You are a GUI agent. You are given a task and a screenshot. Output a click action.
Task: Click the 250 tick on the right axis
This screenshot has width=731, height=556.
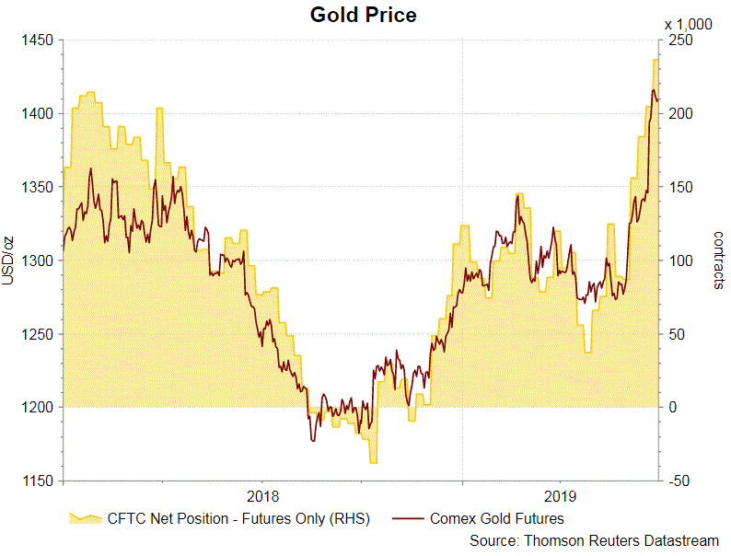(x=679, y=41)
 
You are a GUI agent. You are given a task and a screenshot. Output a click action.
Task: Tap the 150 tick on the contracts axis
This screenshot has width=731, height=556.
(x=679, y=187)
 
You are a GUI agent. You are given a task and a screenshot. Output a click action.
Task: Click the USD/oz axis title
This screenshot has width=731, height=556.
(x=8, y=261)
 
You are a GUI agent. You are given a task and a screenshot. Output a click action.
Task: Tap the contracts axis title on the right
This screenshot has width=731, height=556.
(x=718, y=261)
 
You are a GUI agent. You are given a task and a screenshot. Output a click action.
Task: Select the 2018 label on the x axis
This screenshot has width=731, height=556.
(x=261, y=496)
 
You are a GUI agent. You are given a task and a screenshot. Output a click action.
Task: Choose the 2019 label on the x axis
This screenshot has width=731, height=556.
(x=560, y=496)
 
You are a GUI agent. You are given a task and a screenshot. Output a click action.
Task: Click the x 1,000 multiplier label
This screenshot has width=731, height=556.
(x=688, y=25)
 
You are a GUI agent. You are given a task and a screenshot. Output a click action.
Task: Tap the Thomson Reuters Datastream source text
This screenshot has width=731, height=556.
(x=594, y=540)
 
